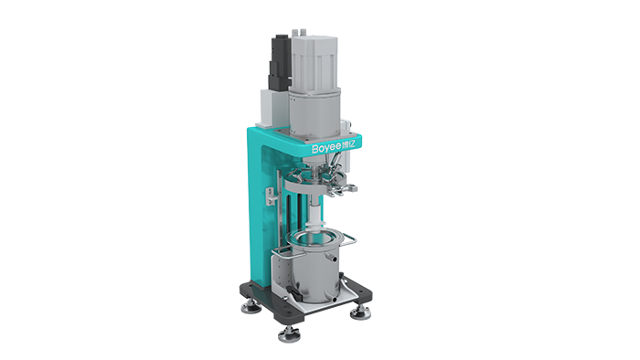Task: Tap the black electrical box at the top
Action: (x=277, y=57)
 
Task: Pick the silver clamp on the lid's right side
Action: (x=342, y=181)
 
